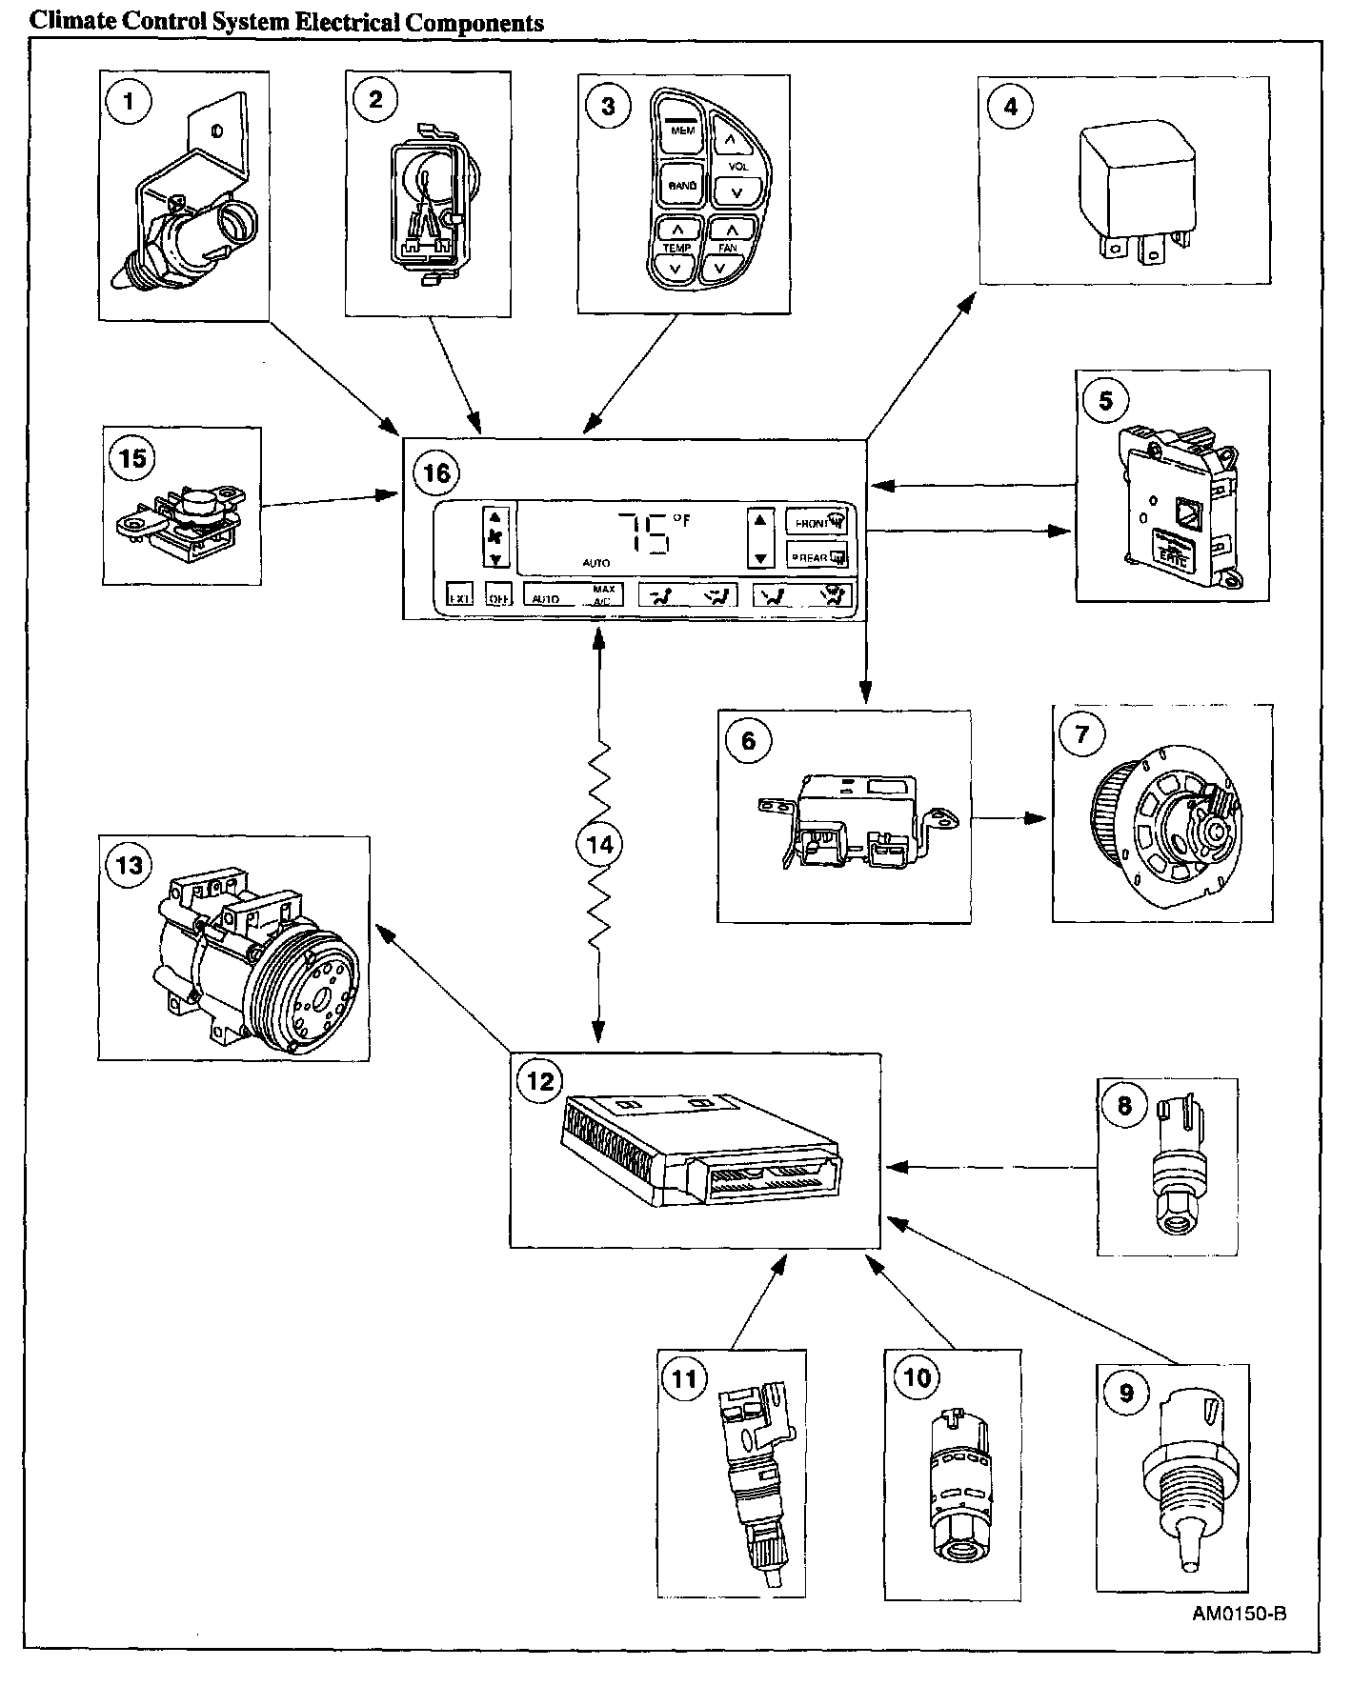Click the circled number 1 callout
[x=129, y=101]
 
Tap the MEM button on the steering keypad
[x=682, y=130]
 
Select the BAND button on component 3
[x=682, y=185]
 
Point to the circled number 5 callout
[x=1105, y=400]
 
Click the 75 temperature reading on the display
[x=644, y=533]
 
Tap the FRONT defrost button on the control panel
[x=816, y=523]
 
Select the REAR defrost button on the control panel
[x=816, y=556]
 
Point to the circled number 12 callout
[x=539, y=1081]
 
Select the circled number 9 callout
[x=1126, y=1394]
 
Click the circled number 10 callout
[x=916, y=1377]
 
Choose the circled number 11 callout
[x=684, y=1378]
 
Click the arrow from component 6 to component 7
[x=1010, y=818]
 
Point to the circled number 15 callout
[x=132, y=458]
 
